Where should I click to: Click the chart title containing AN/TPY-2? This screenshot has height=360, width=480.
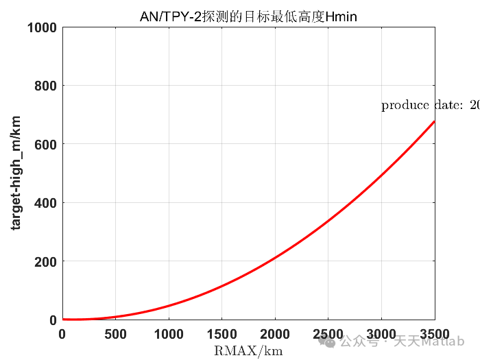click(x=248, y=16)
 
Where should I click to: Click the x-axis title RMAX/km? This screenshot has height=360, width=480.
click(x=248, y=351)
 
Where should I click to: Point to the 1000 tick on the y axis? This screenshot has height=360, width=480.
click(x=41, y=27)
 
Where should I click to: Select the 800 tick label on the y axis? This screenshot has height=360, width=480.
click(x=45, y=86)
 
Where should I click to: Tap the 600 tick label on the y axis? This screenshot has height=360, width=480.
click(x=45, y=144)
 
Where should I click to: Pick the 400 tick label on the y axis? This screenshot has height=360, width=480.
click(x=45, y=203)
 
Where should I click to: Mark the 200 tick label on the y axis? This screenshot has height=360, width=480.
click(x=45, y=261)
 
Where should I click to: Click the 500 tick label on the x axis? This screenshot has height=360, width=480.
click(x=115, y=334)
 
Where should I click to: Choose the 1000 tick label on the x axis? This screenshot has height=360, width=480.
click(x=169, y=334)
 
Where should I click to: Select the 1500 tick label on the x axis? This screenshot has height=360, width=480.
click(x=221, y=334)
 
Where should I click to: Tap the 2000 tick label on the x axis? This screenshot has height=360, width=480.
click(x=275, y=334)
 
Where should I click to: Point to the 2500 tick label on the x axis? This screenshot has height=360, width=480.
click(x=328, y=334)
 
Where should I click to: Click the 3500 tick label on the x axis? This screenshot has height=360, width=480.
click(x=434, y=334)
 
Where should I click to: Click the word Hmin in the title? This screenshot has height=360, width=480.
click(x=342, y=16)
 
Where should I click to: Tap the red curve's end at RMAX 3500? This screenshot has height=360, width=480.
click(x=434, y=121)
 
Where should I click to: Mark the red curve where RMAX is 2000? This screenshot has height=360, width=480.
click(x=275, y=258)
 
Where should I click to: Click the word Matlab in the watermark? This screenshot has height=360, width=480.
click(x=447, y=341)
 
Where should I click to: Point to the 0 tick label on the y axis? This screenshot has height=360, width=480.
click(x=52, y=320)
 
